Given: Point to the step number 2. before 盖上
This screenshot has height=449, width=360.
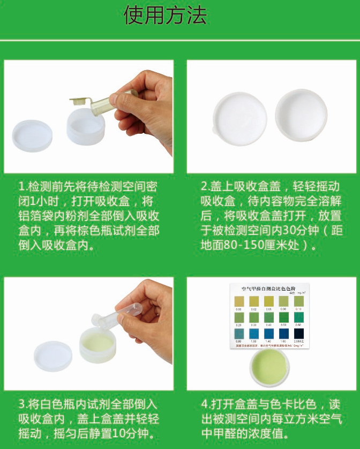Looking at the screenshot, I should (205, 187).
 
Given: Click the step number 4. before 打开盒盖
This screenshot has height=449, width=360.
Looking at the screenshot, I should (205, 404).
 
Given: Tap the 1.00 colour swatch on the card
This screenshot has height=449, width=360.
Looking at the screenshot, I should (254, 334).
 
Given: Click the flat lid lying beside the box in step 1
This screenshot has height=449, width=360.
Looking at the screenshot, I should (32, 136).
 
